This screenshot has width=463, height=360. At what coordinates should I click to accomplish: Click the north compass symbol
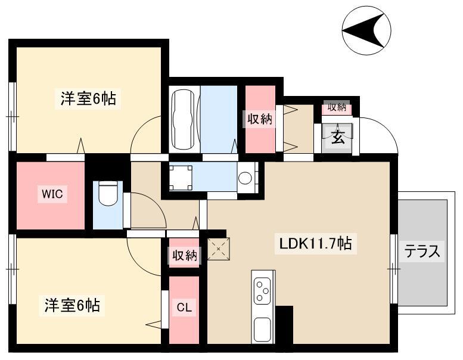point(366,30)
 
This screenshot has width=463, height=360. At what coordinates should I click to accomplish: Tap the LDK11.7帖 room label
point(316,244)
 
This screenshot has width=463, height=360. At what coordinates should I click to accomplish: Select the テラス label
point(422,252)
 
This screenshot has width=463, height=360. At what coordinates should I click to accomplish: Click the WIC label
point(52,194)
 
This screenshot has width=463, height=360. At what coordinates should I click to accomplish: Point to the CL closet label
point(184,308)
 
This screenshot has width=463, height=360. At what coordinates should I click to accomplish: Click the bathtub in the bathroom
point(184,119)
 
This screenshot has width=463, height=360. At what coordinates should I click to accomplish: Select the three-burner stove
point(262,291)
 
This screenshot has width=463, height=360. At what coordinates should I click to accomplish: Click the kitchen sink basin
point(262,330)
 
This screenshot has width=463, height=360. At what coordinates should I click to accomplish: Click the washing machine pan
point(181,178)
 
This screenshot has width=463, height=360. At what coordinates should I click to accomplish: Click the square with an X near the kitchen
point(218,249)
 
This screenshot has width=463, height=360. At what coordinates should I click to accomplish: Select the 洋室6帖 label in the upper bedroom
point(88,98)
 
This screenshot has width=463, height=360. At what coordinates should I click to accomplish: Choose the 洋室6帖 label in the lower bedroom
point(72,305)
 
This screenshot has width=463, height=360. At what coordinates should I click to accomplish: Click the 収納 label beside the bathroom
point(260,119)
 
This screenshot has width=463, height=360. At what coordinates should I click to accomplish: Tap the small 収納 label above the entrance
point(337,107)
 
